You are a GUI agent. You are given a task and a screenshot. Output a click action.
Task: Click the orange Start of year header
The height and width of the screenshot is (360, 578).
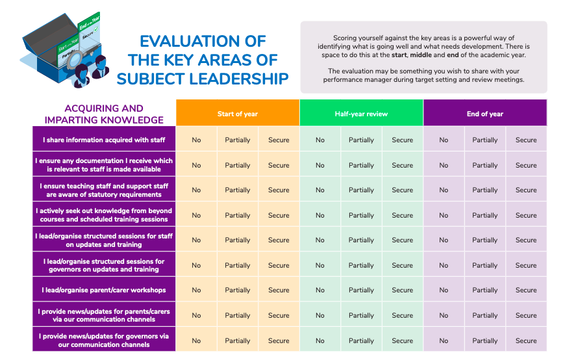[238, 114]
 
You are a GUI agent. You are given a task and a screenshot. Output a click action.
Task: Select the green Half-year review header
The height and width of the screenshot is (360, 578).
[361, 114]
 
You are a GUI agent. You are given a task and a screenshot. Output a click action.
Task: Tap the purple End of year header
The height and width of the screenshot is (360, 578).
[485, 114]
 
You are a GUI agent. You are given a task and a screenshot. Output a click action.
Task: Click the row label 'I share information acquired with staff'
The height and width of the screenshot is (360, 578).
[104, 140]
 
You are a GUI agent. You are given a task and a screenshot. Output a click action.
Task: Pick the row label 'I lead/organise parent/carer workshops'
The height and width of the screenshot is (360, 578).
[104, 290]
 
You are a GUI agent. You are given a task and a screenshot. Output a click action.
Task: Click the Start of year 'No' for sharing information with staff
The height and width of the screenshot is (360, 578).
[196, 140]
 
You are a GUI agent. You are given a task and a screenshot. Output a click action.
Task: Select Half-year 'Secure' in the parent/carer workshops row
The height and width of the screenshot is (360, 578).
[402, 290]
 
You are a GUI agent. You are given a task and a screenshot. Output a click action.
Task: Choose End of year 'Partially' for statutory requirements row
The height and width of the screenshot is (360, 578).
[485, 190]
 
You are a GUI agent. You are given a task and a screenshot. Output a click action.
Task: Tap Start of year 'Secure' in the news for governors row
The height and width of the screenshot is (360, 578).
[279, 341]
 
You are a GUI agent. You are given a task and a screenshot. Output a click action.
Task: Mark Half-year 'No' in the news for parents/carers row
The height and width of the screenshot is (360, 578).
[320, 316]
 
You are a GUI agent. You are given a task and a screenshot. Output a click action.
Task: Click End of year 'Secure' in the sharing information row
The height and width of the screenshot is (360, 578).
[526, 140]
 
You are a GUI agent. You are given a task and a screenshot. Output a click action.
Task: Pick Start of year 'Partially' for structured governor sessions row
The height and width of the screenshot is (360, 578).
[238, 266]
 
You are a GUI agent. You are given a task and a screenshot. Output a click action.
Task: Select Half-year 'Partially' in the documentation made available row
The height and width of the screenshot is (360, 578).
[361, 165]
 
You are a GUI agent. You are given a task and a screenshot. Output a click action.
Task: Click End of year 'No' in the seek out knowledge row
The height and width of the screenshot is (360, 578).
[444, 215]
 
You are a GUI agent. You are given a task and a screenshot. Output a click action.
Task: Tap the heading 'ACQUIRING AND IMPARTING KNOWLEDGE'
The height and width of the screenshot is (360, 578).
[104, 114]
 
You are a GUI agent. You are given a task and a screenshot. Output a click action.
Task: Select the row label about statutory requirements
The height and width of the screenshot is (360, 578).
[104, 190]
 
